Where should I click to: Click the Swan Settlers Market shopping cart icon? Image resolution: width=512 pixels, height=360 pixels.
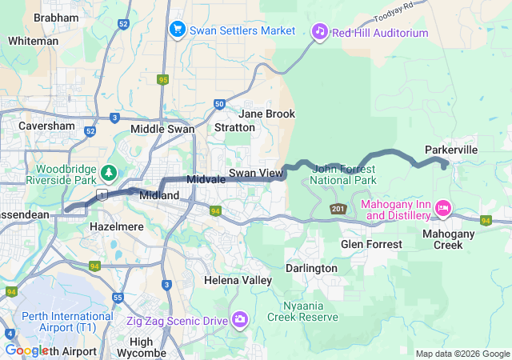pos(177,30)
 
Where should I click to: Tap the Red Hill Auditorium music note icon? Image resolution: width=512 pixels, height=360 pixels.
pos(319,32)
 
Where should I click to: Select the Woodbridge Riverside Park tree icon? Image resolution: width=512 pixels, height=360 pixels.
pos(108,172)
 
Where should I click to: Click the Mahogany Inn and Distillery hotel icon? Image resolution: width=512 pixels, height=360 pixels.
pos(442,210)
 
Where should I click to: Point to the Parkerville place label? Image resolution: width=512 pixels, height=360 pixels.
pos(451,150)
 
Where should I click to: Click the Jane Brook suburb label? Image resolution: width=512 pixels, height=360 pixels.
pos(266,114)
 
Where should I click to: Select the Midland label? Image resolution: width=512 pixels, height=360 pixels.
pos(154,195)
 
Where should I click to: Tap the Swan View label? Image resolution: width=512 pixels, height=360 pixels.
pos(255,173)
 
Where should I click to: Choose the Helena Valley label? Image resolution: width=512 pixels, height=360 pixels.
pos(238,280)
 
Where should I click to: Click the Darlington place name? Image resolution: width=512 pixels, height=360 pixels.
pos(311,268)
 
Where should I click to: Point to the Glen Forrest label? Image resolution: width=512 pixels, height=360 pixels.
pos(369,243)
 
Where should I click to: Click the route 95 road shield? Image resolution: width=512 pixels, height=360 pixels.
pos(163,79)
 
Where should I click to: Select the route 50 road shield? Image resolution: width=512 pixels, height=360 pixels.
pos(219,103)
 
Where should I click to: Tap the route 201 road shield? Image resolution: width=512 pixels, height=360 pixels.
pos(338,209)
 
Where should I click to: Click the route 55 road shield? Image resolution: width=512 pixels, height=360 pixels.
pos(118,298)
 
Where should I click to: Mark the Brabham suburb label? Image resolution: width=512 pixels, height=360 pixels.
pos(56,17)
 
